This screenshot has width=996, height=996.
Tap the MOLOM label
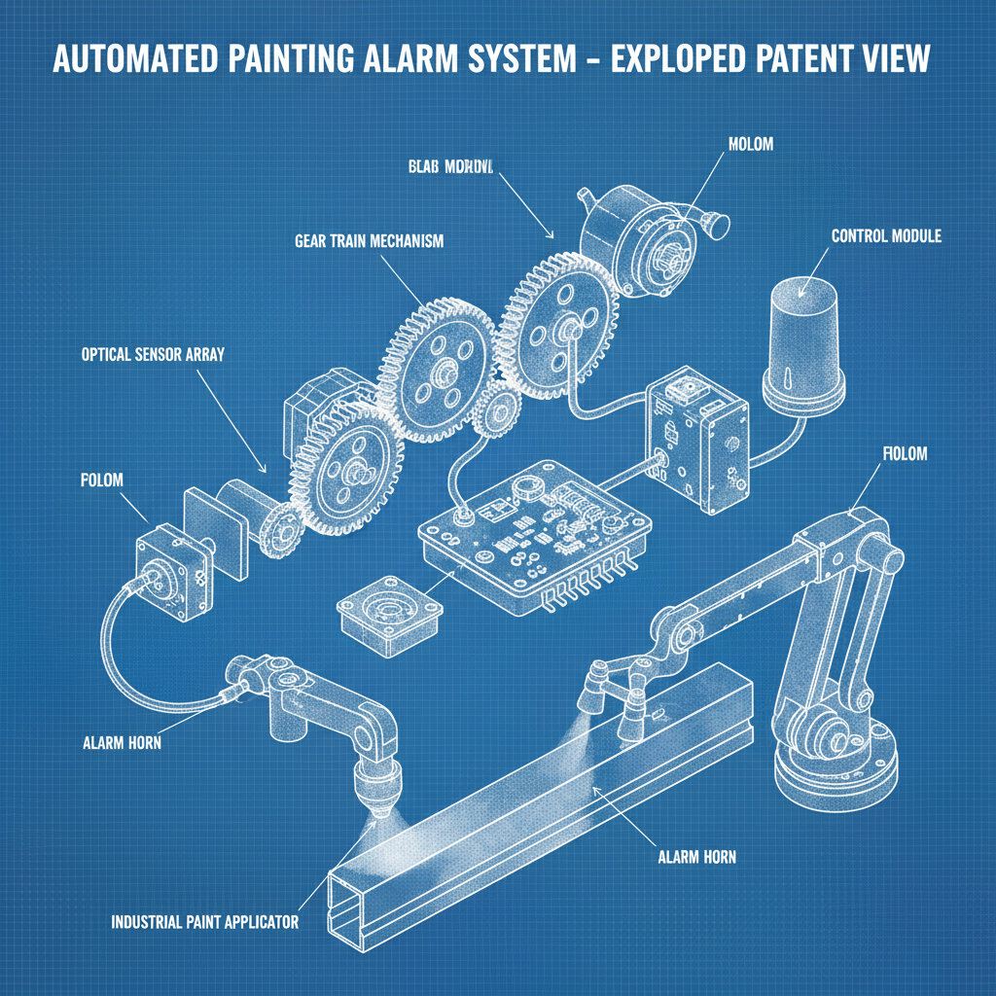tap(749, 143)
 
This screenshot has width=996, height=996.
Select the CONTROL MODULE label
tap(886, 236)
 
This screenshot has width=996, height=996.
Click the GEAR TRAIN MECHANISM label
tap(368, 241)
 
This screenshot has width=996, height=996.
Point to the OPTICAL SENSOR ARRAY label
tap(153, 355)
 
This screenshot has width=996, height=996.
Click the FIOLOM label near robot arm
tap(904, 453)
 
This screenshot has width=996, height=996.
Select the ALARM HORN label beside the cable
tap(122, 742)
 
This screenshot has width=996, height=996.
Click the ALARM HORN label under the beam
tap(696, 857)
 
